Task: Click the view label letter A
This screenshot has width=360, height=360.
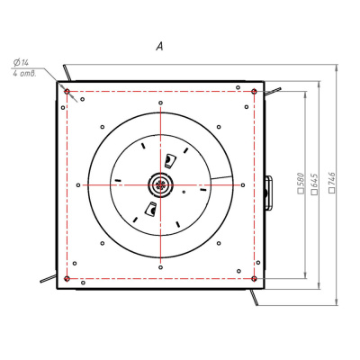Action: pyautogui.click(x=159, y=46)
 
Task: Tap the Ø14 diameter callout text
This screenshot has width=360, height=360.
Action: pyautogui.click(x=21, y=63)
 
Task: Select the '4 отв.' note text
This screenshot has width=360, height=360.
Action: pyautogui.click(x=24, y=74)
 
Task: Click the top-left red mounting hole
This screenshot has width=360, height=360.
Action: pyautogui.click(x=67, y=91)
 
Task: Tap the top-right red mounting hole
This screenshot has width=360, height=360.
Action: pyautogui.click(x=254, y=91)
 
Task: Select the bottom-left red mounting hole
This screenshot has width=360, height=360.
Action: pyautogui.click(x=67, y=279)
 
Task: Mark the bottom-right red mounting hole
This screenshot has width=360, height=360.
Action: pyautogui.click(x=254, y=279)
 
